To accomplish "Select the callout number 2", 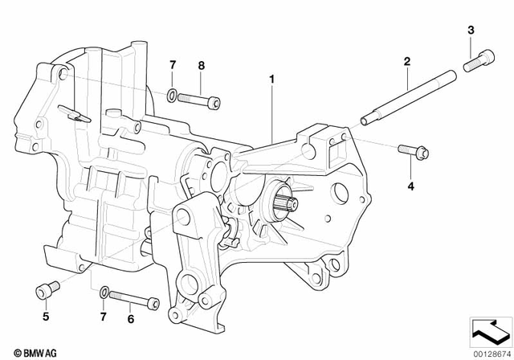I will click(407, 62).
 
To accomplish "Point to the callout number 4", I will click(411, 186).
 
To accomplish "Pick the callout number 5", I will click(46, 317).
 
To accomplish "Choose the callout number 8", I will click(201, 64).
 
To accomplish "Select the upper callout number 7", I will click(172, 64).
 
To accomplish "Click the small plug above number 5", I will click(46, 288).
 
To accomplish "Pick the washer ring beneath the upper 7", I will click(173, 97).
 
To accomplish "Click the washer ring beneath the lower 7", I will click(104, 290).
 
